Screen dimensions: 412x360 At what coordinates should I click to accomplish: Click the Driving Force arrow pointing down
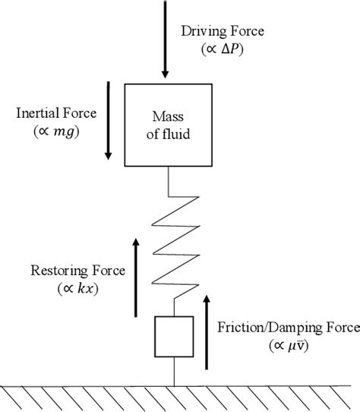(164, 38)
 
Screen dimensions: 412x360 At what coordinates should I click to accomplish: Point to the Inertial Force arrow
(109, 122)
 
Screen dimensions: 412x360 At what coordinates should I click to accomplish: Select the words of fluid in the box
(174, 134)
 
